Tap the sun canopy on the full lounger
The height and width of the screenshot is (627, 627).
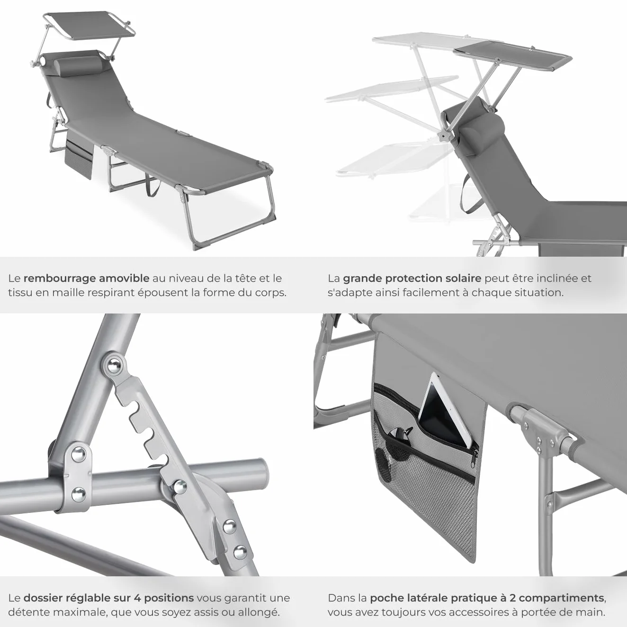89,27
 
